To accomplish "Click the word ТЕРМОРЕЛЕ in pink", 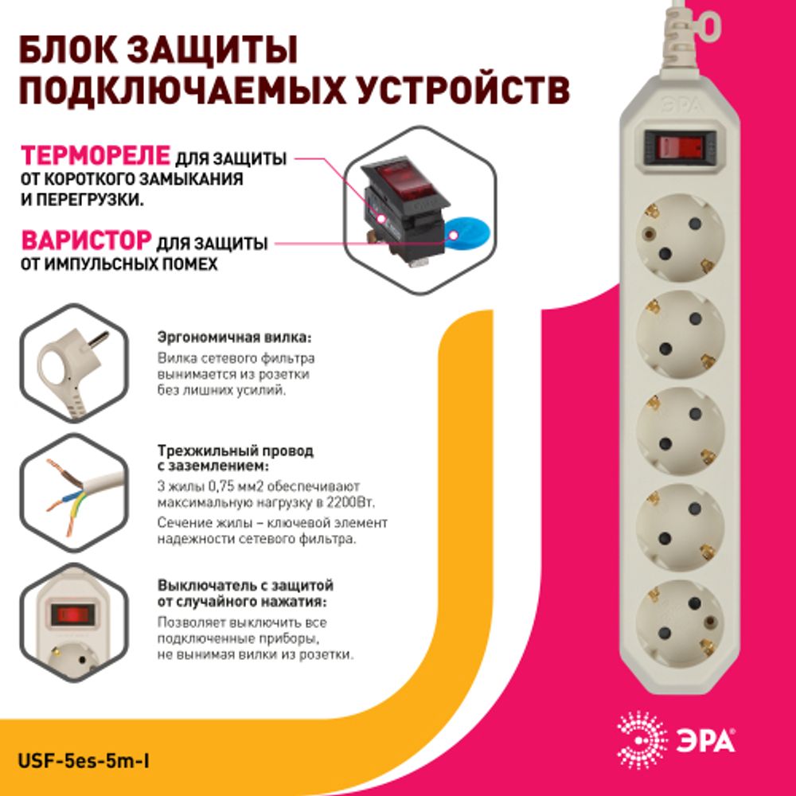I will point(95,154).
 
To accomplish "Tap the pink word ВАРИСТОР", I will point(86,240).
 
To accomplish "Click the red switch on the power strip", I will point(679,147).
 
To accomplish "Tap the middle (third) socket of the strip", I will point(680,431).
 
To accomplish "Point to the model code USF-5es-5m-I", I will point(84,761).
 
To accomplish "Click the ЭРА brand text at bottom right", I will point(706,741).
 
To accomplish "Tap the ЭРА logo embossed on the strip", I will point(678,102).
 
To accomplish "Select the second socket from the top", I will point(680,335).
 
